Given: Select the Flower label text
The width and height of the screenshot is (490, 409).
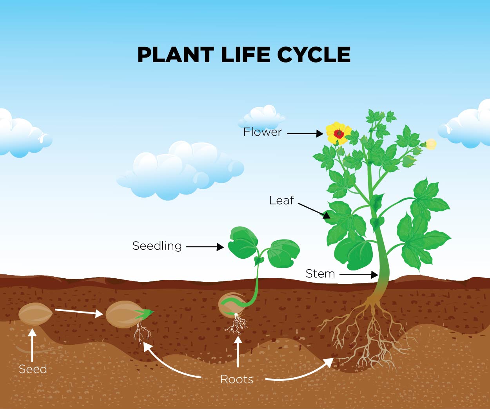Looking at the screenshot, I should (x=262, y=132).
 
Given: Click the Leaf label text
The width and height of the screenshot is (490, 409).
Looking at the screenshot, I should (x=281, y=200).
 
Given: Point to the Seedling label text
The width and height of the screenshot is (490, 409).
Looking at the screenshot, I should (x=157, y=246).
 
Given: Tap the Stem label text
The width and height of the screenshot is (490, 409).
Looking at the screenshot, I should (x=320, y=274).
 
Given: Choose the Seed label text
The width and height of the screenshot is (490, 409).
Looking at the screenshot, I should (x=33, y=369).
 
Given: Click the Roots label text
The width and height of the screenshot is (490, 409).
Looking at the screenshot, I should (x=236, y=379).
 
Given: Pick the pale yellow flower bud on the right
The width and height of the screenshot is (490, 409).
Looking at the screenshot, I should (x=431, y=144).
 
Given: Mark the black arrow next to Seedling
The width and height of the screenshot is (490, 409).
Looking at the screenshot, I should (x=205, y=247).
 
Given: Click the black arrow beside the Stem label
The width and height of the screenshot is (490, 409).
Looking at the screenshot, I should (x=358, y=275).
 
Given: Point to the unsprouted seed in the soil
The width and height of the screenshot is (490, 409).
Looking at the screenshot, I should (x=35, y=314).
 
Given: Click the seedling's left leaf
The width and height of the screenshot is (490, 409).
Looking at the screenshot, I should (x=242, y=241).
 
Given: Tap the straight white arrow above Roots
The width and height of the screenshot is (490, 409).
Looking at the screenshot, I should (x=238, y=351).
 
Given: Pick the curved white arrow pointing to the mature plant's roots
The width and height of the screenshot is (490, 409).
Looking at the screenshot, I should (x=302, y=373).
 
